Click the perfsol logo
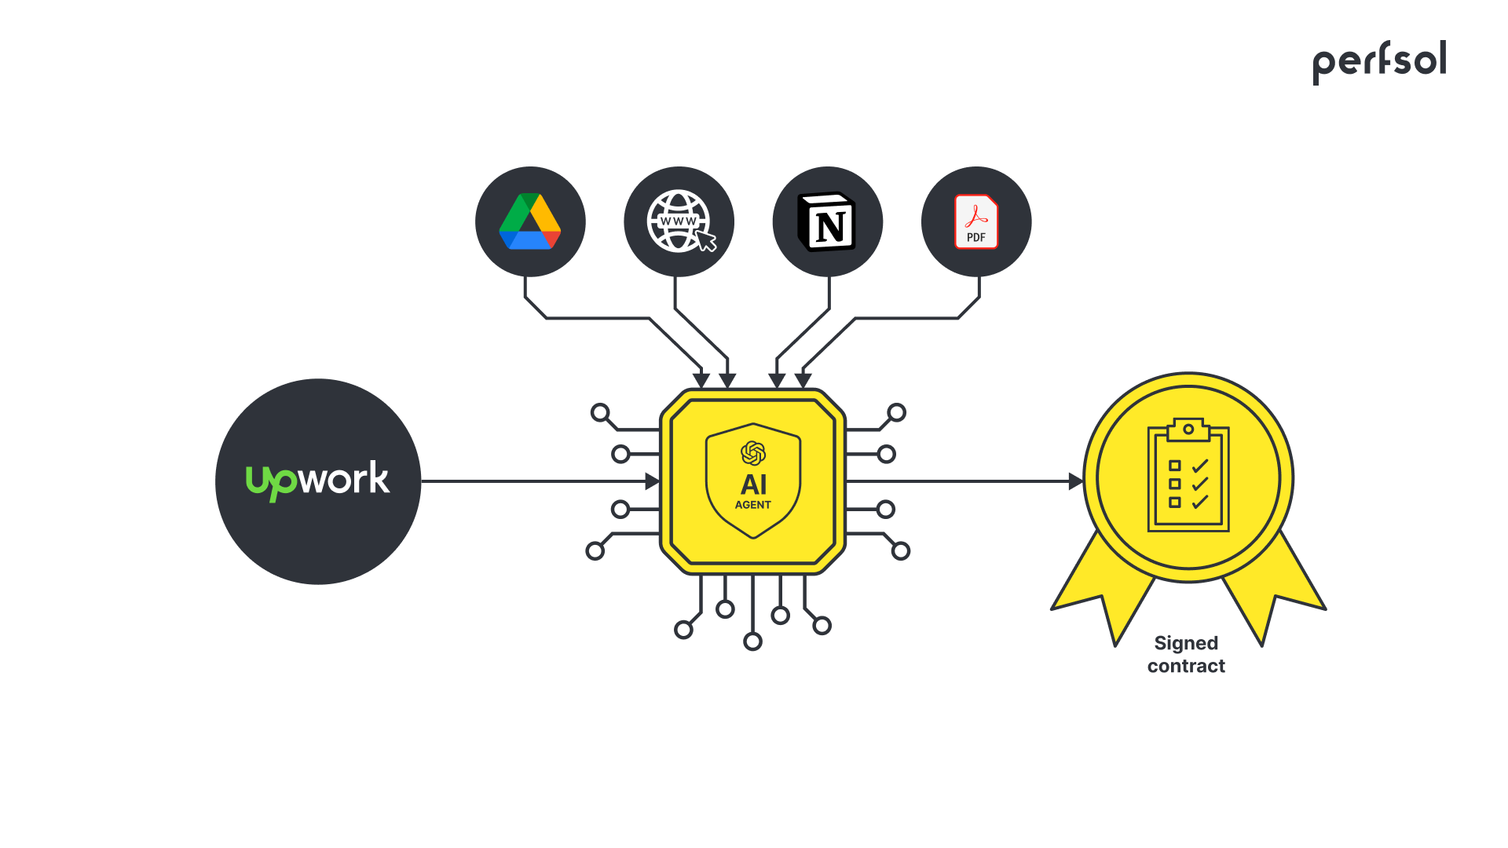click(x=1379, y=61)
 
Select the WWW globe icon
click(x=677, y=221)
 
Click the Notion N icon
click(x=827, y=222)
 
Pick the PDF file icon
click(x=976, y=222)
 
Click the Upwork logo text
click(x=317, y=480)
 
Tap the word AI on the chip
click(x=753, y=484)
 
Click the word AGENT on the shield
click(x=752, y=505)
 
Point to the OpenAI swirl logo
click(x=753, y=453)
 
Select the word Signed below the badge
click(x=1186, y=643)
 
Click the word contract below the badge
click(x=1186, y=666)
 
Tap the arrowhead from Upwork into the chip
click(x=652, y=481)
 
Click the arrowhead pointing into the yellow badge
click(x=1076, y=481)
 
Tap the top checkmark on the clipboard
click(x=1200, y=466)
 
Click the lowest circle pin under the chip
click(x=752, y=642)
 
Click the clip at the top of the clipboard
click(x=1188, y=429)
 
